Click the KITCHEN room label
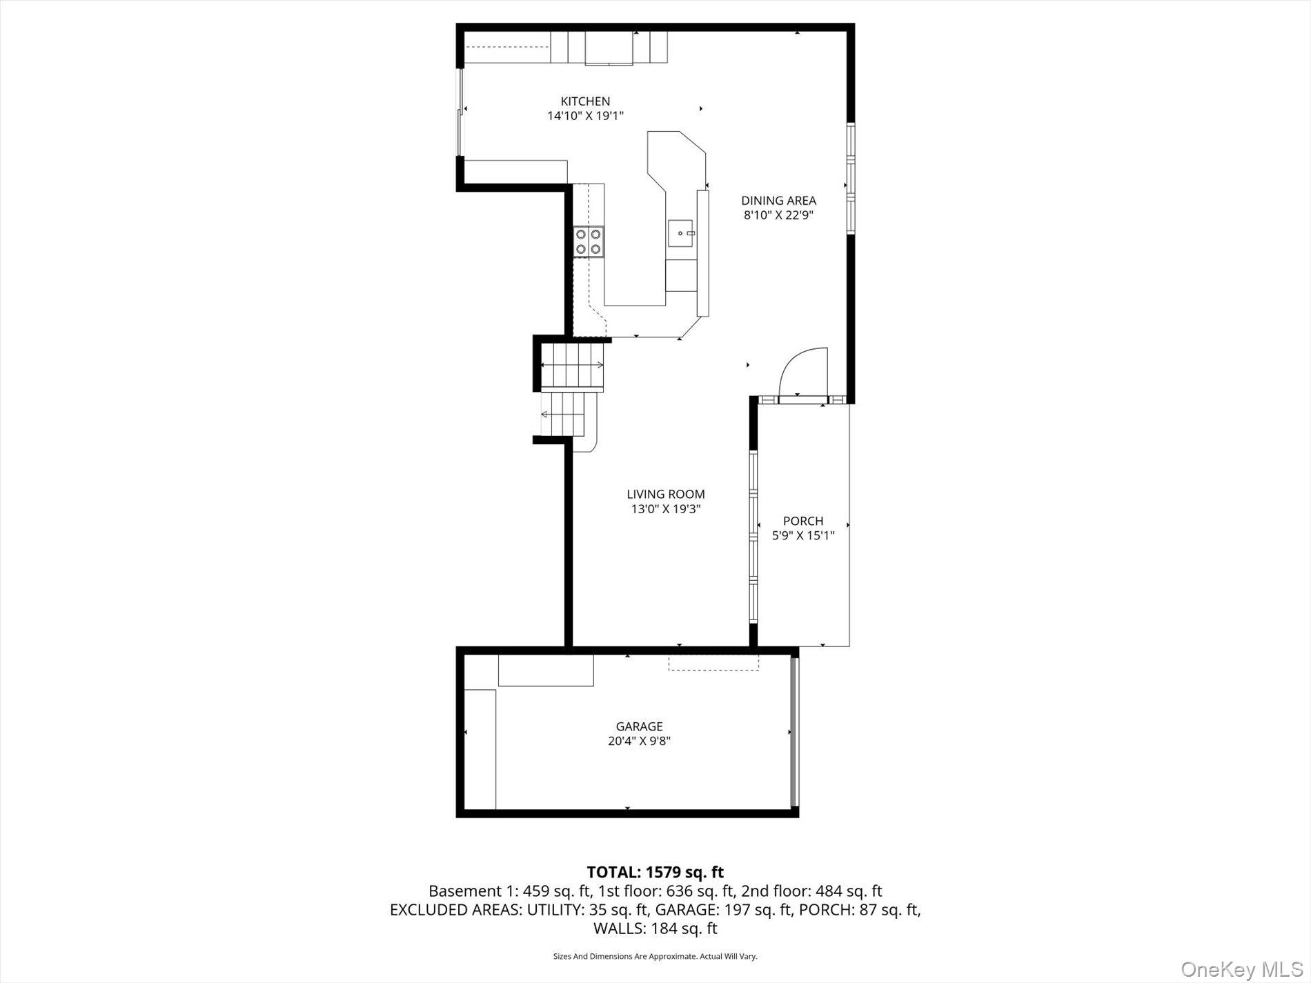pos(585,101)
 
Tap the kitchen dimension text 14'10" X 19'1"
pos(585,117)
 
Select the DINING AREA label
pos(778,201)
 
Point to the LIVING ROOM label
pos(665,494)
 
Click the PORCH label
pos(803,521)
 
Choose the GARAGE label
pos(639,726)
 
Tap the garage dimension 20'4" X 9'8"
pos(639,742)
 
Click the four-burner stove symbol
pos(589,241)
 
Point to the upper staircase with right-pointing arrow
pos(572,365)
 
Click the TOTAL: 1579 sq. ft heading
pos(655,873)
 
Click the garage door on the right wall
pos(794,731)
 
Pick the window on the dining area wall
pos(851,179)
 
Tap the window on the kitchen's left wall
pos(460,112)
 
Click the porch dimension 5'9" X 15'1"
pos(803,535)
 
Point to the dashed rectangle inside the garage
pos(713,662)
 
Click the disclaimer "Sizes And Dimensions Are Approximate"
pos(655,956)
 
